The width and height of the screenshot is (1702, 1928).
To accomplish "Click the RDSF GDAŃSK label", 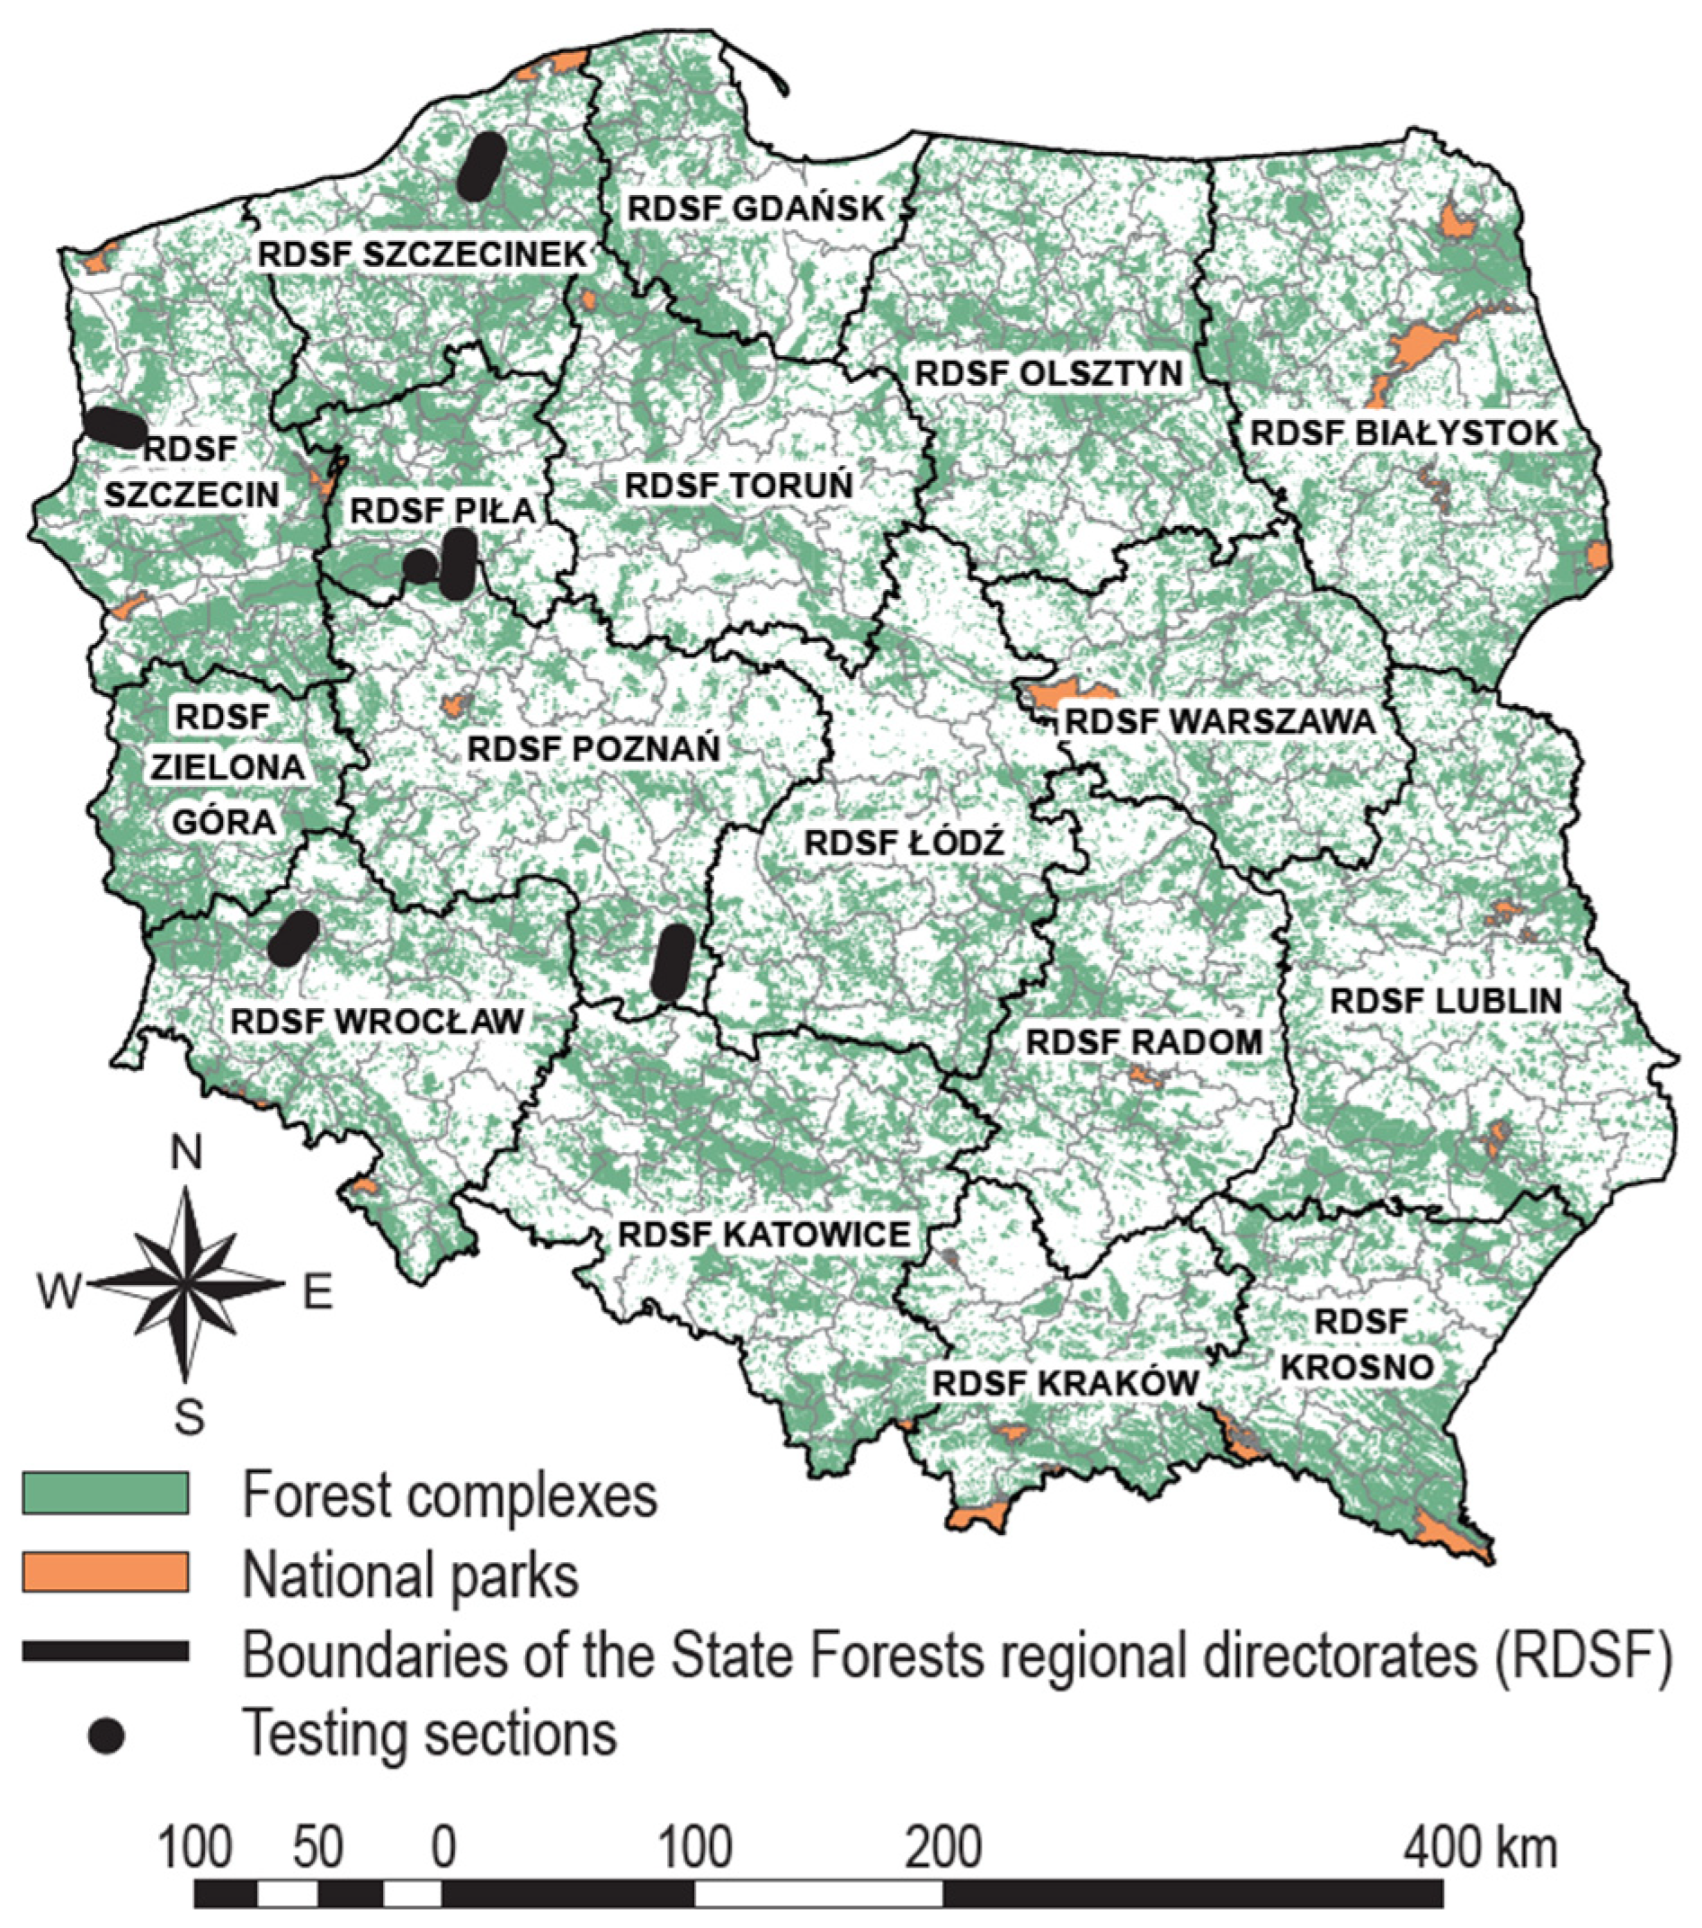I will click(x=755, y=208).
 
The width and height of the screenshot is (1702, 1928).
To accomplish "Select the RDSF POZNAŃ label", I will click(x=594, y=748).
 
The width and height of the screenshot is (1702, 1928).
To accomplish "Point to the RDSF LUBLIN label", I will click(x=1446, y=1000).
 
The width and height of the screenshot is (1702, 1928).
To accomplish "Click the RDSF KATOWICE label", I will click(x=763, y=1234).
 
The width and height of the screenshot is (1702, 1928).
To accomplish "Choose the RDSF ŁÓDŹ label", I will click(x=904, y=843).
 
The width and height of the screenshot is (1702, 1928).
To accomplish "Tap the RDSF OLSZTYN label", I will click(x=1048, y=372).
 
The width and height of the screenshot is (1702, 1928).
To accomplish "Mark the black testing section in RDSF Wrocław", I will click(x=293, y=938).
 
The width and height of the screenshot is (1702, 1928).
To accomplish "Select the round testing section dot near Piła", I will click(x=420, y=566).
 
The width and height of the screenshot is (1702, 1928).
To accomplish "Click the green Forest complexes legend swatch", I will click(x=105, y=1493).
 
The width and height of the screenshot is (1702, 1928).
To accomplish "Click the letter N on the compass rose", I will click(x=187, y=1154).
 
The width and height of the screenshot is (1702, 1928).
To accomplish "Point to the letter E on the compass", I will click(x=317, y=1291).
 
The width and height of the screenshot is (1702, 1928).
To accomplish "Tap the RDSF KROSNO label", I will click(x=1359, y=1343).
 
